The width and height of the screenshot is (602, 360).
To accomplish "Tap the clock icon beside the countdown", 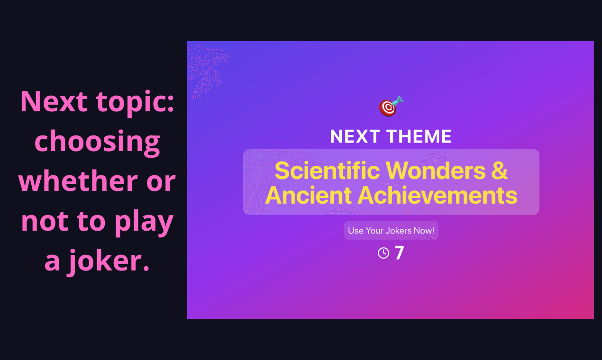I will (383, 253).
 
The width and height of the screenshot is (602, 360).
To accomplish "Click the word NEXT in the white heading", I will (354, 137).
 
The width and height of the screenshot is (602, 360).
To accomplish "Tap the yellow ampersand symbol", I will (499, 171).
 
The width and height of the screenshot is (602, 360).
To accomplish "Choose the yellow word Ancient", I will (308, 195).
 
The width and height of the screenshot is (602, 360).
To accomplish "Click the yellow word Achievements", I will (438, 195).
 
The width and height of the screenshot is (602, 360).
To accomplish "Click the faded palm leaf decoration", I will (207, 69).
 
